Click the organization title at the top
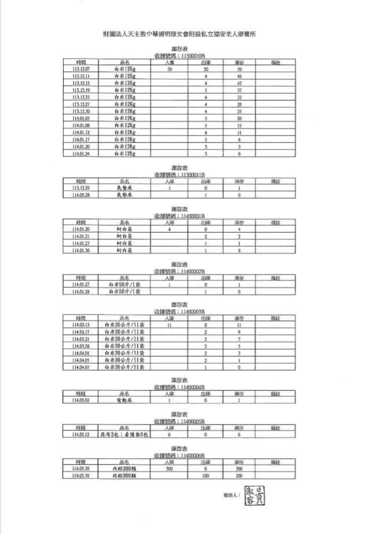(x=179, y=34)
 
